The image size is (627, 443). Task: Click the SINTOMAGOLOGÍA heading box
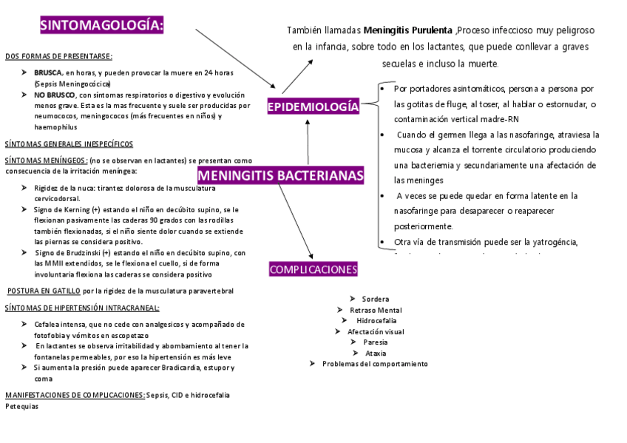click(x=102, y=26)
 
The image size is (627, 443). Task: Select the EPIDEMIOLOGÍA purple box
click(x=313, y=107)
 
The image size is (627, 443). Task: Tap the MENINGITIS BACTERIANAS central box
click(x=281, y=175)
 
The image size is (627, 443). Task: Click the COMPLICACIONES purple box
click(x=313, y=269)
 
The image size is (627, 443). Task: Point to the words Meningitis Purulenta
click(x=408, y=30)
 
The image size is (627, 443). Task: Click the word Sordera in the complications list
click(x=376, y=299)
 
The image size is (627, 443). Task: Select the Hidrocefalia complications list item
click(x=376, y=321)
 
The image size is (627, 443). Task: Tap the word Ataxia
click(x=376, y=353)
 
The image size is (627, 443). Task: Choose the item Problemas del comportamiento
click(x=375, y=364)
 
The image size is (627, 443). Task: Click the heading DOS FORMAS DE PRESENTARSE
click(x=58, y=56)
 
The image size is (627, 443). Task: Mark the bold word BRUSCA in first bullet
click(x=47, y=72)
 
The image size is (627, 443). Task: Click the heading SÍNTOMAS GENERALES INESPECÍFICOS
click(x=69, y=144)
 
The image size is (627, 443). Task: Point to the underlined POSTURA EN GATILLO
click(x=44, y=291)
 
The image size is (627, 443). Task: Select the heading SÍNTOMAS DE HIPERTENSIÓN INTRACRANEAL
click(x=81, y=308)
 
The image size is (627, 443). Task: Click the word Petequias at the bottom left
click(x=21, y=406)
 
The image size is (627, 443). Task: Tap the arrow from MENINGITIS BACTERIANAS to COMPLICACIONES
click(x=296, y=220)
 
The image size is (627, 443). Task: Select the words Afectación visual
click(x=376, y=332)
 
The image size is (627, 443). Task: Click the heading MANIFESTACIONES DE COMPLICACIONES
click(x=75, y=395)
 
